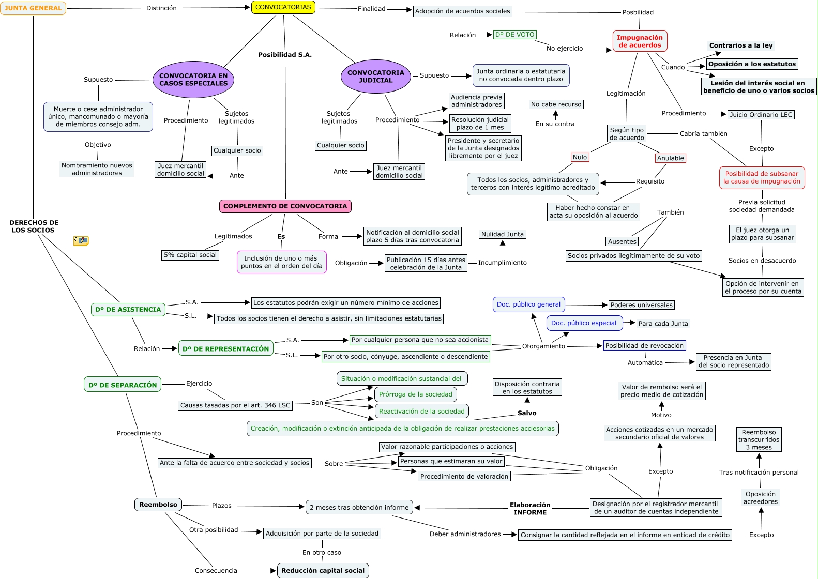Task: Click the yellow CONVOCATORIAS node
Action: click(283, 7)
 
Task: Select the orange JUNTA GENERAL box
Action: click(33, 8)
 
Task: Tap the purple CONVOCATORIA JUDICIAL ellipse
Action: click(376, 77)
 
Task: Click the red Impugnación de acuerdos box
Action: click(640, 41)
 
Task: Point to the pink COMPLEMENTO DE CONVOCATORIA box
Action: click(285, 206)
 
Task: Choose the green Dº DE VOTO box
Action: click(515, 35)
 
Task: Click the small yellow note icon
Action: click(81, 241)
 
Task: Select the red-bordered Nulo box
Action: click(580, 157)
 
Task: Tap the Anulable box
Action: click(671, 158)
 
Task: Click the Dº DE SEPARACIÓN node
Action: click(123, 385)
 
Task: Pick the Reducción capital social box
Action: click(323, 571)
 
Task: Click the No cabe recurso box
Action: click(556, 104)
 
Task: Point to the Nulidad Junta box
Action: click(503, 234)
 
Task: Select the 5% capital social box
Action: click(190, 255)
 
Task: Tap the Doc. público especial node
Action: click(584, 323)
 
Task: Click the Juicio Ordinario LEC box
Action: click(761, 115)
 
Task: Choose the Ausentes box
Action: click(622, 241)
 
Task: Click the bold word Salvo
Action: click(527, 413)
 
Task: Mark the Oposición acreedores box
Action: click(761, 498)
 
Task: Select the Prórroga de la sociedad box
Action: click(416, 394)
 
